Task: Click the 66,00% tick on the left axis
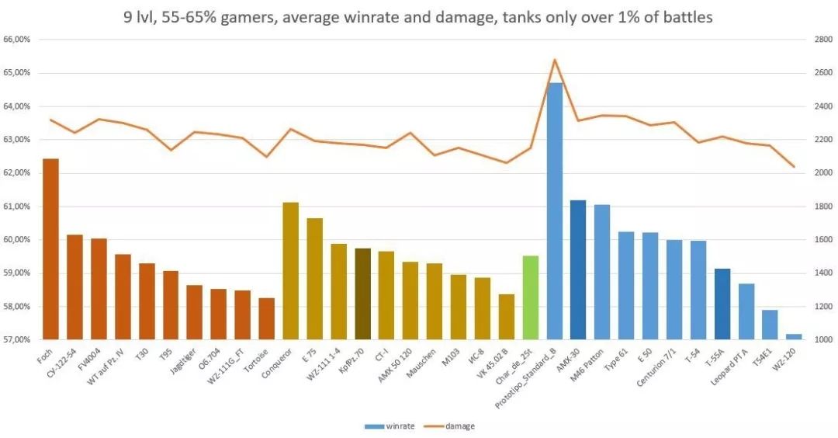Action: click(17, 40)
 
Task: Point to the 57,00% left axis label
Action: click(17, 340)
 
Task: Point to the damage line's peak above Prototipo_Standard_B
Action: click(554, 59)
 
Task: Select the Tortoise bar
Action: click(266, 318)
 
